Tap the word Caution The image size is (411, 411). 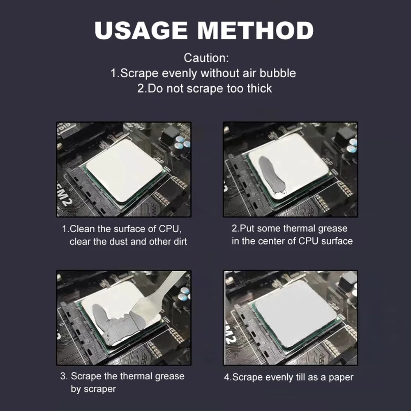[206, 58]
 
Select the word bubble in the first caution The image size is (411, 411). [277, 73]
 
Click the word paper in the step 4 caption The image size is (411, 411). [341, 377]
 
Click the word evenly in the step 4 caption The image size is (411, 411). [279, 377]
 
